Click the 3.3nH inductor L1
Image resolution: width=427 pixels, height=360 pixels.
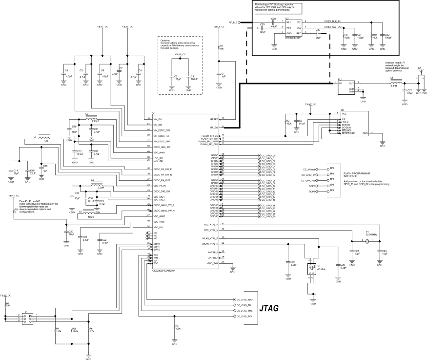tap(397, 83)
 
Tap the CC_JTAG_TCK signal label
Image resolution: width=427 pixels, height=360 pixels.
tap(244, 317)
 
